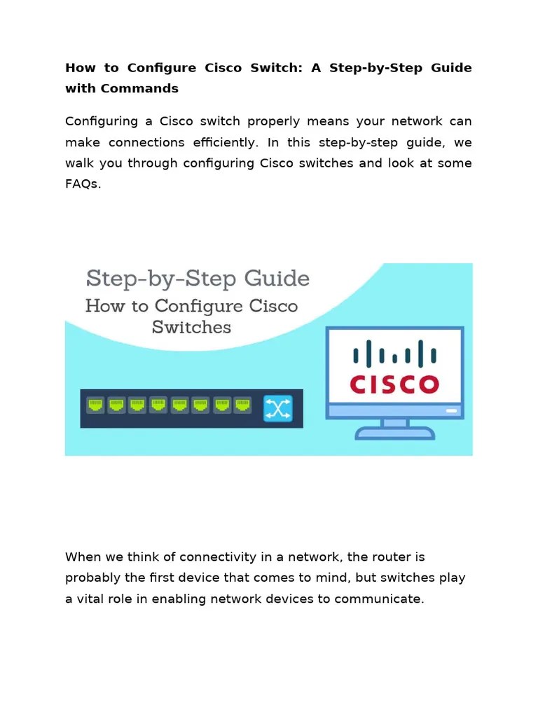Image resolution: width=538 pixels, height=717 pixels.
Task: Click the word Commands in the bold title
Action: coord(139,88)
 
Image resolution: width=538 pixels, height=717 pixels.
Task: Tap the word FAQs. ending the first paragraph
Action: coord(83,185)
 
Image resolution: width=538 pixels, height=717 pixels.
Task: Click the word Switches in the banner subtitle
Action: coord(191,327)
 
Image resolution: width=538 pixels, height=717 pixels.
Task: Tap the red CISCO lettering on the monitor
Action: coord(394,384)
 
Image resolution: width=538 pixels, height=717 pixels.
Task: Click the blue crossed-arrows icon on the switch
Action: coord(277,409)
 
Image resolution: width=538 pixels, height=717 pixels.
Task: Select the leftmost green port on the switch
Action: coord(95,405)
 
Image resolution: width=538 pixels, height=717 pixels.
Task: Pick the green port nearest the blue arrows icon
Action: coord(242,405)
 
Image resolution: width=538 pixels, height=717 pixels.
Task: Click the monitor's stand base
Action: coord(394,433)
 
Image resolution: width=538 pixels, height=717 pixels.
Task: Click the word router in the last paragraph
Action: coord(385,557)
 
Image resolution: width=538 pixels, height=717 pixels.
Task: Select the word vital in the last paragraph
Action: coord(92,599)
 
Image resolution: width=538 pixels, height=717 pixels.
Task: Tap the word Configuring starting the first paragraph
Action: coord(102,121)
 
